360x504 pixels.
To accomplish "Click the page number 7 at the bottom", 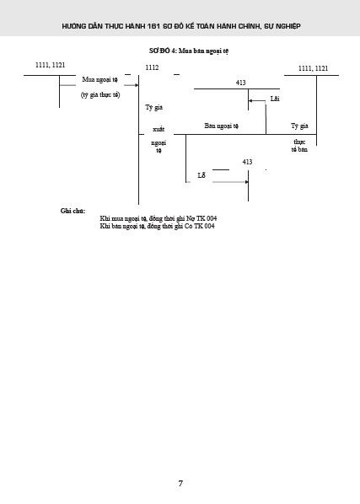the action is coord(180,483).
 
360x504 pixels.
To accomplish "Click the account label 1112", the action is coord(152,67).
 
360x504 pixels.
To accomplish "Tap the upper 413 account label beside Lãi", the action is coord(241,83).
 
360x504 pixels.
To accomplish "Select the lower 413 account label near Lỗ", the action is coord(247,162).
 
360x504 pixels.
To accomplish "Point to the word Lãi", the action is coord(275,99).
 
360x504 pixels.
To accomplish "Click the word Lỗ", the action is coord(201,175).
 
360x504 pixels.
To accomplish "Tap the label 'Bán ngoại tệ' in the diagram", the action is coord(222,126).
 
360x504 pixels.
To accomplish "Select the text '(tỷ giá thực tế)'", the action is coord(100,95).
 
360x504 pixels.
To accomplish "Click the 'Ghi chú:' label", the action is coord(73,211).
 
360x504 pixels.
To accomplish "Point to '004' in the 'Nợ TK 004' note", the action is coord(212,218).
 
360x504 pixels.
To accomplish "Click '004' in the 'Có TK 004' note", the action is coord(209,226).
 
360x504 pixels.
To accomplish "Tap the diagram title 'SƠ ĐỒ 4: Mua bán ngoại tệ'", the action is coord(189,51).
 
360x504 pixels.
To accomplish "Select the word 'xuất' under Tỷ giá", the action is coord(159,129).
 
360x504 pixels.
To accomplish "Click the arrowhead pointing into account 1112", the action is coord(137,85).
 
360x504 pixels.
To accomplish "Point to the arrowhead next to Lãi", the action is coord(250,100).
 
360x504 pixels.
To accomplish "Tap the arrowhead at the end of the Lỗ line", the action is coord(246,182).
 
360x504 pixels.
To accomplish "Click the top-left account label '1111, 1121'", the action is coord(50,65).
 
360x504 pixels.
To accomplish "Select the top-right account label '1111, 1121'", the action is coord(314,68).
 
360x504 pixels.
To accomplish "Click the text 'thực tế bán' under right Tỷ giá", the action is coord(299,146).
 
